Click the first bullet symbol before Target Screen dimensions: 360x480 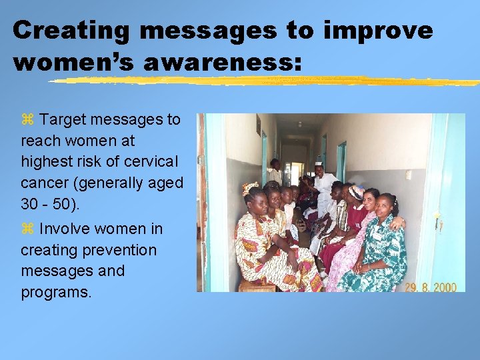pyautogui.click(x=27, y=120)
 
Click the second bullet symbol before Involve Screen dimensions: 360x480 pyautogui.click(x=27, y=229)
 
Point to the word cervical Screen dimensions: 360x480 pyautogui.click(x=147, y=162)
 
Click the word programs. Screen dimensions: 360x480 pyautogui.click(x=56, y=293)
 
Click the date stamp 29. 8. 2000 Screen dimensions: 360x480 pyautogui.click(x=431, y=287)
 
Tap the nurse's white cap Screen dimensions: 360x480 pyautogui.click(x=319, y=163)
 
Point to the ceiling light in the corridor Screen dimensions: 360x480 pyautogui.click(x=299, y=124)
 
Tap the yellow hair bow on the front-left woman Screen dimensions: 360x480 pyautogui.click(x=249, y=187)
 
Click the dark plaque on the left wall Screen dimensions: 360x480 pyautogui.click(x=258, y=125)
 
